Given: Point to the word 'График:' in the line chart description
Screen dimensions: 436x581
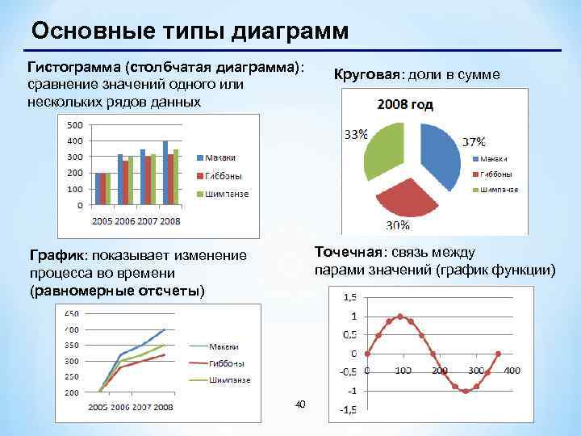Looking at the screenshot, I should pos(61,256).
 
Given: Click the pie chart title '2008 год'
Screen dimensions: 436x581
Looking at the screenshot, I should pos(403,104).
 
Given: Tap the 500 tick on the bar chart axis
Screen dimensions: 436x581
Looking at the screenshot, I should pos(73,125).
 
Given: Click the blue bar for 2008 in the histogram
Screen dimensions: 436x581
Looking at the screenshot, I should pos(165,173).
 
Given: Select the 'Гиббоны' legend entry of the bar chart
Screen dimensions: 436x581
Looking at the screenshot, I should pos(220,175).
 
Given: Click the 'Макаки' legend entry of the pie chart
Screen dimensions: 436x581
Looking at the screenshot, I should pos(494,158).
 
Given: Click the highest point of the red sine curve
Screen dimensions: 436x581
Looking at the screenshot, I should pos(400,317).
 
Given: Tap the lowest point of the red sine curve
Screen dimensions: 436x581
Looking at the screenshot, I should pos(466,391).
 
